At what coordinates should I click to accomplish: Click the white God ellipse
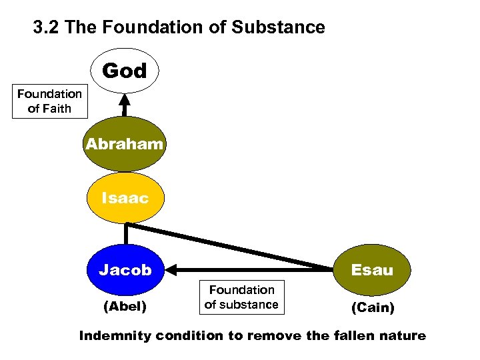(x=125, y=71)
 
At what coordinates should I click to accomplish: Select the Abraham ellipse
(x=124, y=144)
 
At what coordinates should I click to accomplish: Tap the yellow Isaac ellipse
(x=125, y=198)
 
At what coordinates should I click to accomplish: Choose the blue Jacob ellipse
(x=125, y=270)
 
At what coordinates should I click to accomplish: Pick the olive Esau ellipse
(x=372, y=270)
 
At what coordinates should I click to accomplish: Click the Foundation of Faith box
(x=49, y=101)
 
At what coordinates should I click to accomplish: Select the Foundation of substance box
(x=241, y=297)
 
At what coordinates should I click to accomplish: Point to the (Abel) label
(x=125, y=307)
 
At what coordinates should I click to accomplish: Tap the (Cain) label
(x=373, y=309)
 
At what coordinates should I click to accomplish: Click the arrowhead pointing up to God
(x=125, y=100)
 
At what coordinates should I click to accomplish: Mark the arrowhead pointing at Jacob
(x=172, y=270)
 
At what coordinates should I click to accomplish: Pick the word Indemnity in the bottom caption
(x=114, y=336)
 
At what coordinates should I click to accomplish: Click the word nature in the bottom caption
(x=402, y=336)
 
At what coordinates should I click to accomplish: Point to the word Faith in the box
(x=58, y=109)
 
